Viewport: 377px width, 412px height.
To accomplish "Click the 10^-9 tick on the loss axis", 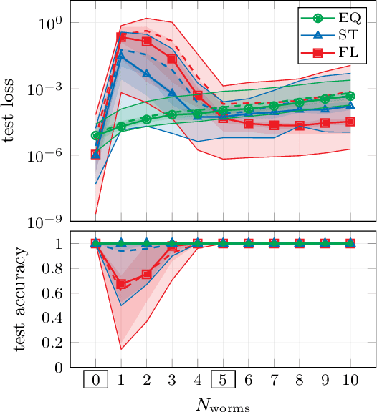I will click(x=52, y=221).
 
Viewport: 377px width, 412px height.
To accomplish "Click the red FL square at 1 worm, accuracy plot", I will click(x=121, y=284).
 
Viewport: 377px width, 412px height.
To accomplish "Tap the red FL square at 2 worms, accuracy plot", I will click(x=147, y=274).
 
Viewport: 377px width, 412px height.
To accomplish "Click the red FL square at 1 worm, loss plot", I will click(x=121, y=36).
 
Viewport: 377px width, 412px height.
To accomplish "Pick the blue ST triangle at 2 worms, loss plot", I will click(x=147, y=74).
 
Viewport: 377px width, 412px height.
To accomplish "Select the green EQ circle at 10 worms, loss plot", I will click(x=350, y=95).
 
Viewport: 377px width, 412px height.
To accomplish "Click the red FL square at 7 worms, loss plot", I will click(x=274, y=125).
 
